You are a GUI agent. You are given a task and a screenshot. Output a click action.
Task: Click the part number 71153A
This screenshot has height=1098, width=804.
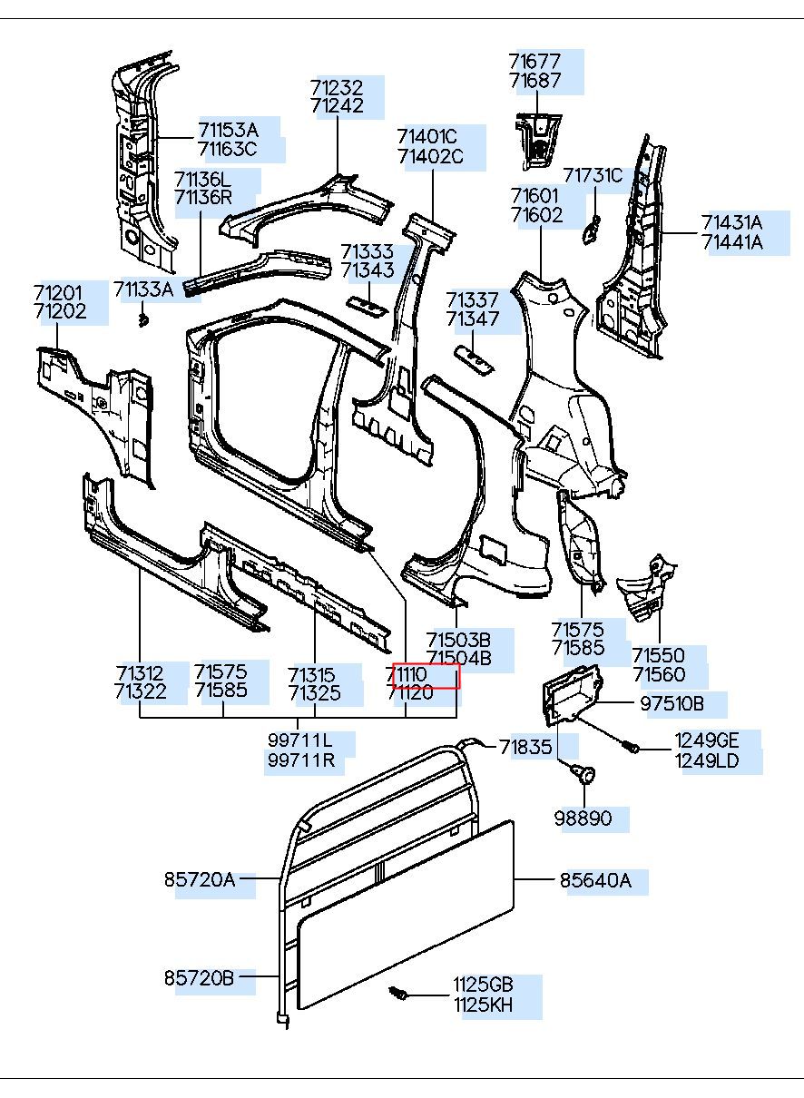228,129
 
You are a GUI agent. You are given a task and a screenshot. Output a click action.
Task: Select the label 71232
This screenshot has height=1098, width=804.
336,88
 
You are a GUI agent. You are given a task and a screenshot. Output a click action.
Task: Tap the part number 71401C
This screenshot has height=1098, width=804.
427,137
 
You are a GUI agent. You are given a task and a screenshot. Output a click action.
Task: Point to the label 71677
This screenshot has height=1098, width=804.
534,62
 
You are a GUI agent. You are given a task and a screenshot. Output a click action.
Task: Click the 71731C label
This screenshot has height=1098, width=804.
593,175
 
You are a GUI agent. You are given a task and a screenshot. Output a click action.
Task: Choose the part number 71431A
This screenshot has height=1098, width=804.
731,222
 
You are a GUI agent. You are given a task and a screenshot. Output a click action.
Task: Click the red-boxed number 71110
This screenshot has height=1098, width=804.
424,676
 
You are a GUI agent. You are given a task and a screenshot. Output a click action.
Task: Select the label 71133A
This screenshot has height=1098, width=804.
143,289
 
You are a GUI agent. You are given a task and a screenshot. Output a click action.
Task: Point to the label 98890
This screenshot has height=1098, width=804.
583,819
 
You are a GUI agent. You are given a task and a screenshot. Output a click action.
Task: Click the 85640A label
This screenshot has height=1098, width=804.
594,880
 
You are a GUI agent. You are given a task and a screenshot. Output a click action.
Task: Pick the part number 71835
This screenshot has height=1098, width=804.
525,747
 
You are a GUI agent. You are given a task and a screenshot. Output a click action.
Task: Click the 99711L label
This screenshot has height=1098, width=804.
299,740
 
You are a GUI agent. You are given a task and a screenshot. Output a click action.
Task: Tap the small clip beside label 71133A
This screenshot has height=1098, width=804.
142,319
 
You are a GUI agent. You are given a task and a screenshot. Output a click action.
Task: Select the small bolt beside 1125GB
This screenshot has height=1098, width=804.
397,995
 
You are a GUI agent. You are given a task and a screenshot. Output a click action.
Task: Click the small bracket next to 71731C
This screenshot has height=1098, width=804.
590,230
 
